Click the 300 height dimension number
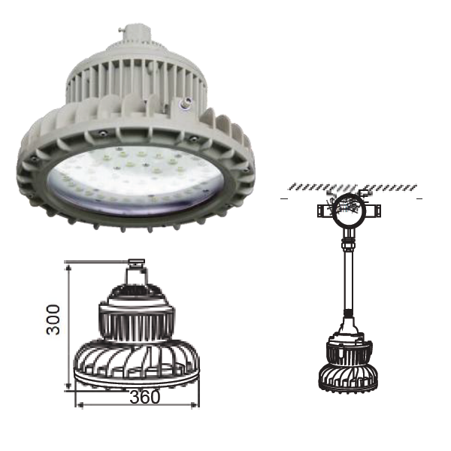[53, 319]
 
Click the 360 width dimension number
[144, 397]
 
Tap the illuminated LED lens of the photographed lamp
[135, 181]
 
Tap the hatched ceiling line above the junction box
[353, 187]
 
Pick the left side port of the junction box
[325, 210]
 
